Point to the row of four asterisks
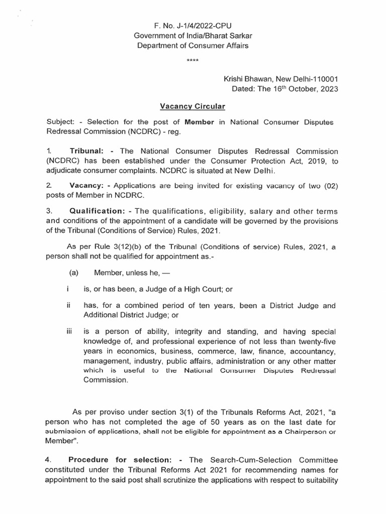(x=192, y=61)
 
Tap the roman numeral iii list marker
(x=69, y=331)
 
